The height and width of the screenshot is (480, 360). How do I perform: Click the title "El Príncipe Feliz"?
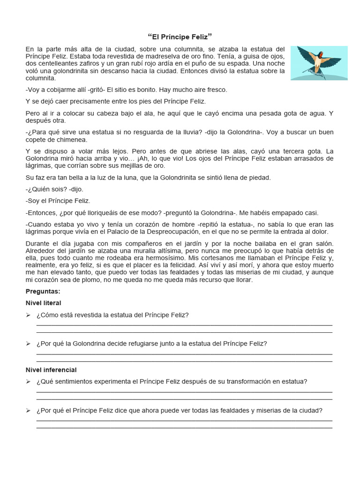tap(180, 37)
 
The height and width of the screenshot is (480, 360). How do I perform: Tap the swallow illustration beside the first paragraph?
tap(319, 62)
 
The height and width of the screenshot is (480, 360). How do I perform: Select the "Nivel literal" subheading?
tap(43, 303)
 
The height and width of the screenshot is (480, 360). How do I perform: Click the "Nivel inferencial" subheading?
tap(51, 370)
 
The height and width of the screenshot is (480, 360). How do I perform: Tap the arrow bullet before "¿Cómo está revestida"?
tap(28, 315)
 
